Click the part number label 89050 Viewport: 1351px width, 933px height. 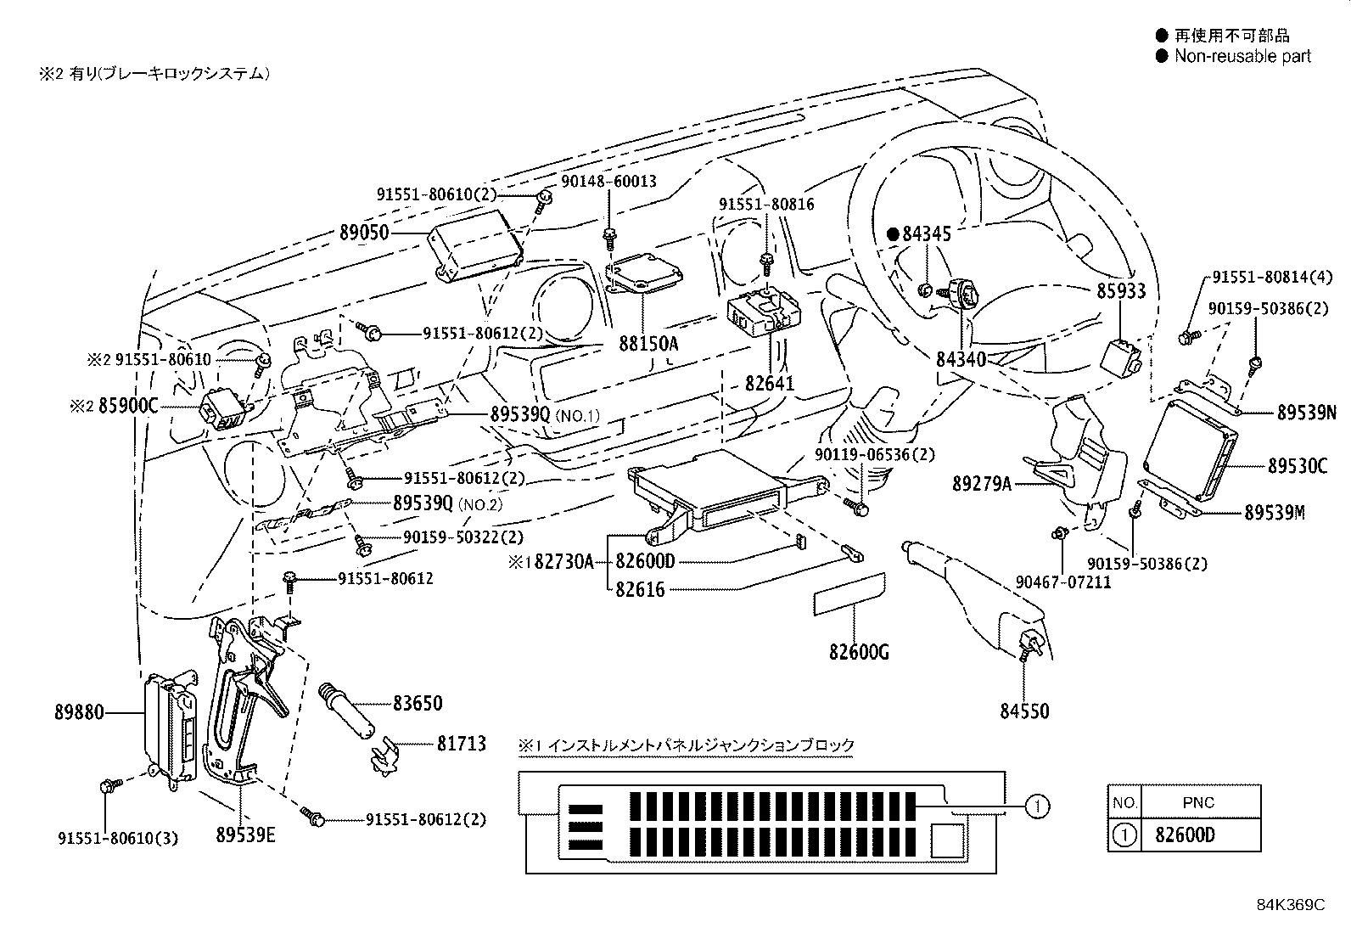point(364,233)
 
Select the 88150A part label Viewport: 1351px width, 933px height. point(648,345)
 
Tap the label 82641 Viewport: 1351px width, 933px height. point(770,384)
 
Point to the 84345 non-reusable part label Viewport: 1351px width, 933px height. point(926,234)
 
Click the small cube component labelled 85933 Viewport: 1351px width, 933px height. point(1119,356)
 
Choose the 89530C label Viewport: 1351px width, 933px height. point(1298,466)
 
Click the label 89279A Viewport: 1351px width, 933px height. point(982,485)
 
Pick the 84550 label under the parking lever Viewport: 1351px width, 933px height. point(1024,711)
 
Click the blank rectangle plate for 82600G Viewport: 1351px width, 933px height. point(849,593)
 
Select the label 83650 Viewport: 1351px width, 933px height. point(417,704)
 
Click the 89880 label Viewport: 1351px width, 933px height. point(79,713)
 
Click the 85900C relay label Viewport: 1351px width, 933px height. point(128,406)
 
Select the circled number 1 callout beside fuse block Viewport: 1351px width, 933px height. point(1038,806)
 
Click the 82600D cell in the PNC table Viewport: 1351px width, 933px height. point(1185,835)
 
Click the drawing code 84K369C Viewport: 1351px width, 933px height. point(1290,905)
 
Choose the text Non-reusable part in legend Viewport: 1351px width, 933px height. point(1242,57)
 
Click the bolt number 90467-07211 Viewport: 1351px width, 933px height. point(1062,582)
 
